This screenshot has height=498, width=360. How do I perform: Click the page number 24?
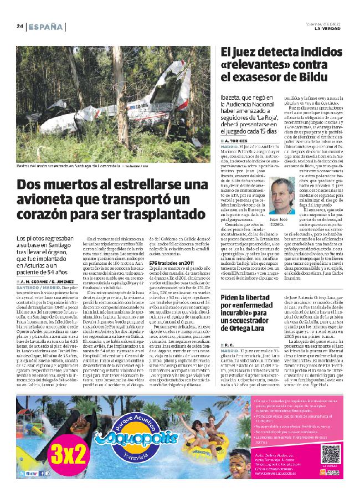coord(19,26)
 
